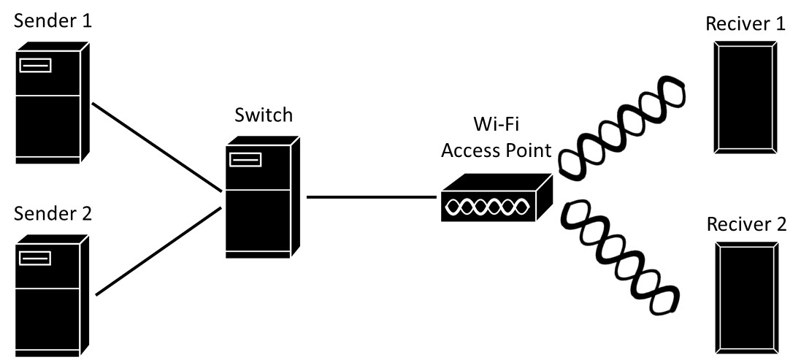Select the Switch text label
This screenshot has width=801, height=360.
click(263, 115)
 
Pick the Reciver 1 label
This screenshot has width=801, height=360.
click(745, 24)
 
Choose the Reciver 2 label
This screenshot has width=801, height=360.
click(746, 223)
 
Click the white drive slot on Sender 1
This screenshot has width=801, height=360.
click(36, 66)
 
